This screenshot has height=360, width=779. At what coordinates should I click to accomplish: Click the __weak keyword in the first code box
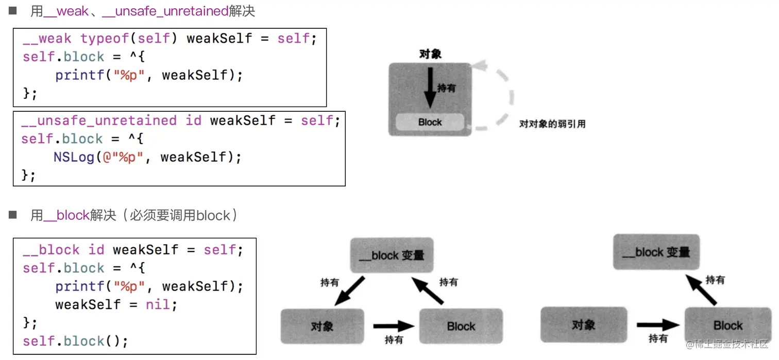47,39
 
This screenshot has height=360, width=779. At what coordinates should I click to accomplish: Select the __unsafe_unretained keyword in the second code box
98,121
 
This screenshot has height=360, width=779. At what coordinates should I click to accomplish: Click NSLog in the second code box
74,157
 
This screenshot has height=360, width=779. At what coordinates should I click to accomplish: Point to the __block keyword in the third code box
51,250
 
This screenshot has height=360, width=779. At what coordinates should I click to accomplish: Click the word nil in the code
157,304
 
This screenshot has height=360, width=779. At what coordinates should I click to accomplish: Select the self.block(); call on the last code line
75,341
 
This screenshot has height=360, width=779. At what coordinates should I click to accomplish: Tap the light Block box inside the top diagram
430,122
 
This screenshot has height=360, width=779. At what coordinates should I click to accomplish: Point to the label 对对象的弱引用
552,124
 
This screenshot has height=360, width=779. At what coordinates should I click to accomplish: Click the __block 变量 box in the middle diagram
392,255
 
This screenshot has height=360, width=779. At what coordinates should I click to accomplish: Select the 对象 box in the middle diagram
323,326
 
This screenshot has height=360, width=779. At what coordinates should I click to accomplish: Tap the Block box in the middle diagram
461,326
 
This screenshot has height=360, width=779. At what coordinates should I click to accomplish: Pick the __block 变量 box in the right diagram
656,252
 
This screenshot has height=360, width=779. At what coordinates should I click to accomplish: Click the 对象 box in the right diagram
584,325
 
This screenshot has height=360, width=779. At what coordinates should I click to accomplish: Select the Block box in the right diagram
728,325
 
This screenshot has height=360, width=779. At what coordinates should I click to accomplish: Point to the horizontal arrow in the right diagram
658,325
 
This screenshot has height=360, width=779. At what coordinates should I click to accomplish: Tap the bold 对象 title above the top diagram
430,54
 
